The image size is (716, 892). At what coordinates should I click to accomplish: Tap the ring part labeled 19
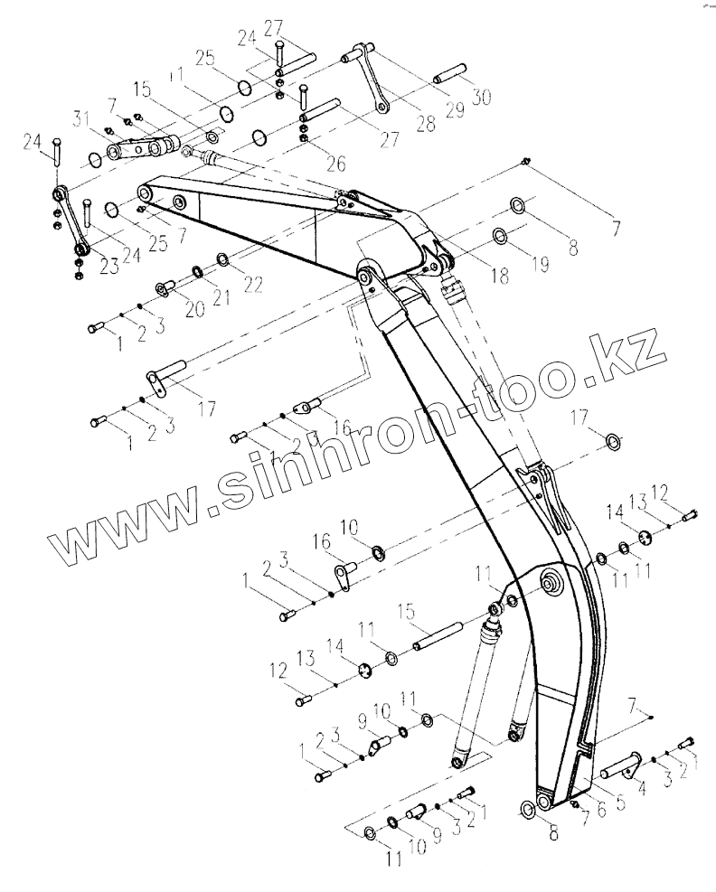click(x=500, y=236)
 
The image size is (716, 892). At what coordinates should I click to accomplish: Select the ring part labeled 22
click(x=222, y=262)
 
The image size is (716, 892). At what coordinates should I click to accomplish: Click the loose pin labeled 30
click(x=451, y=72)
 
